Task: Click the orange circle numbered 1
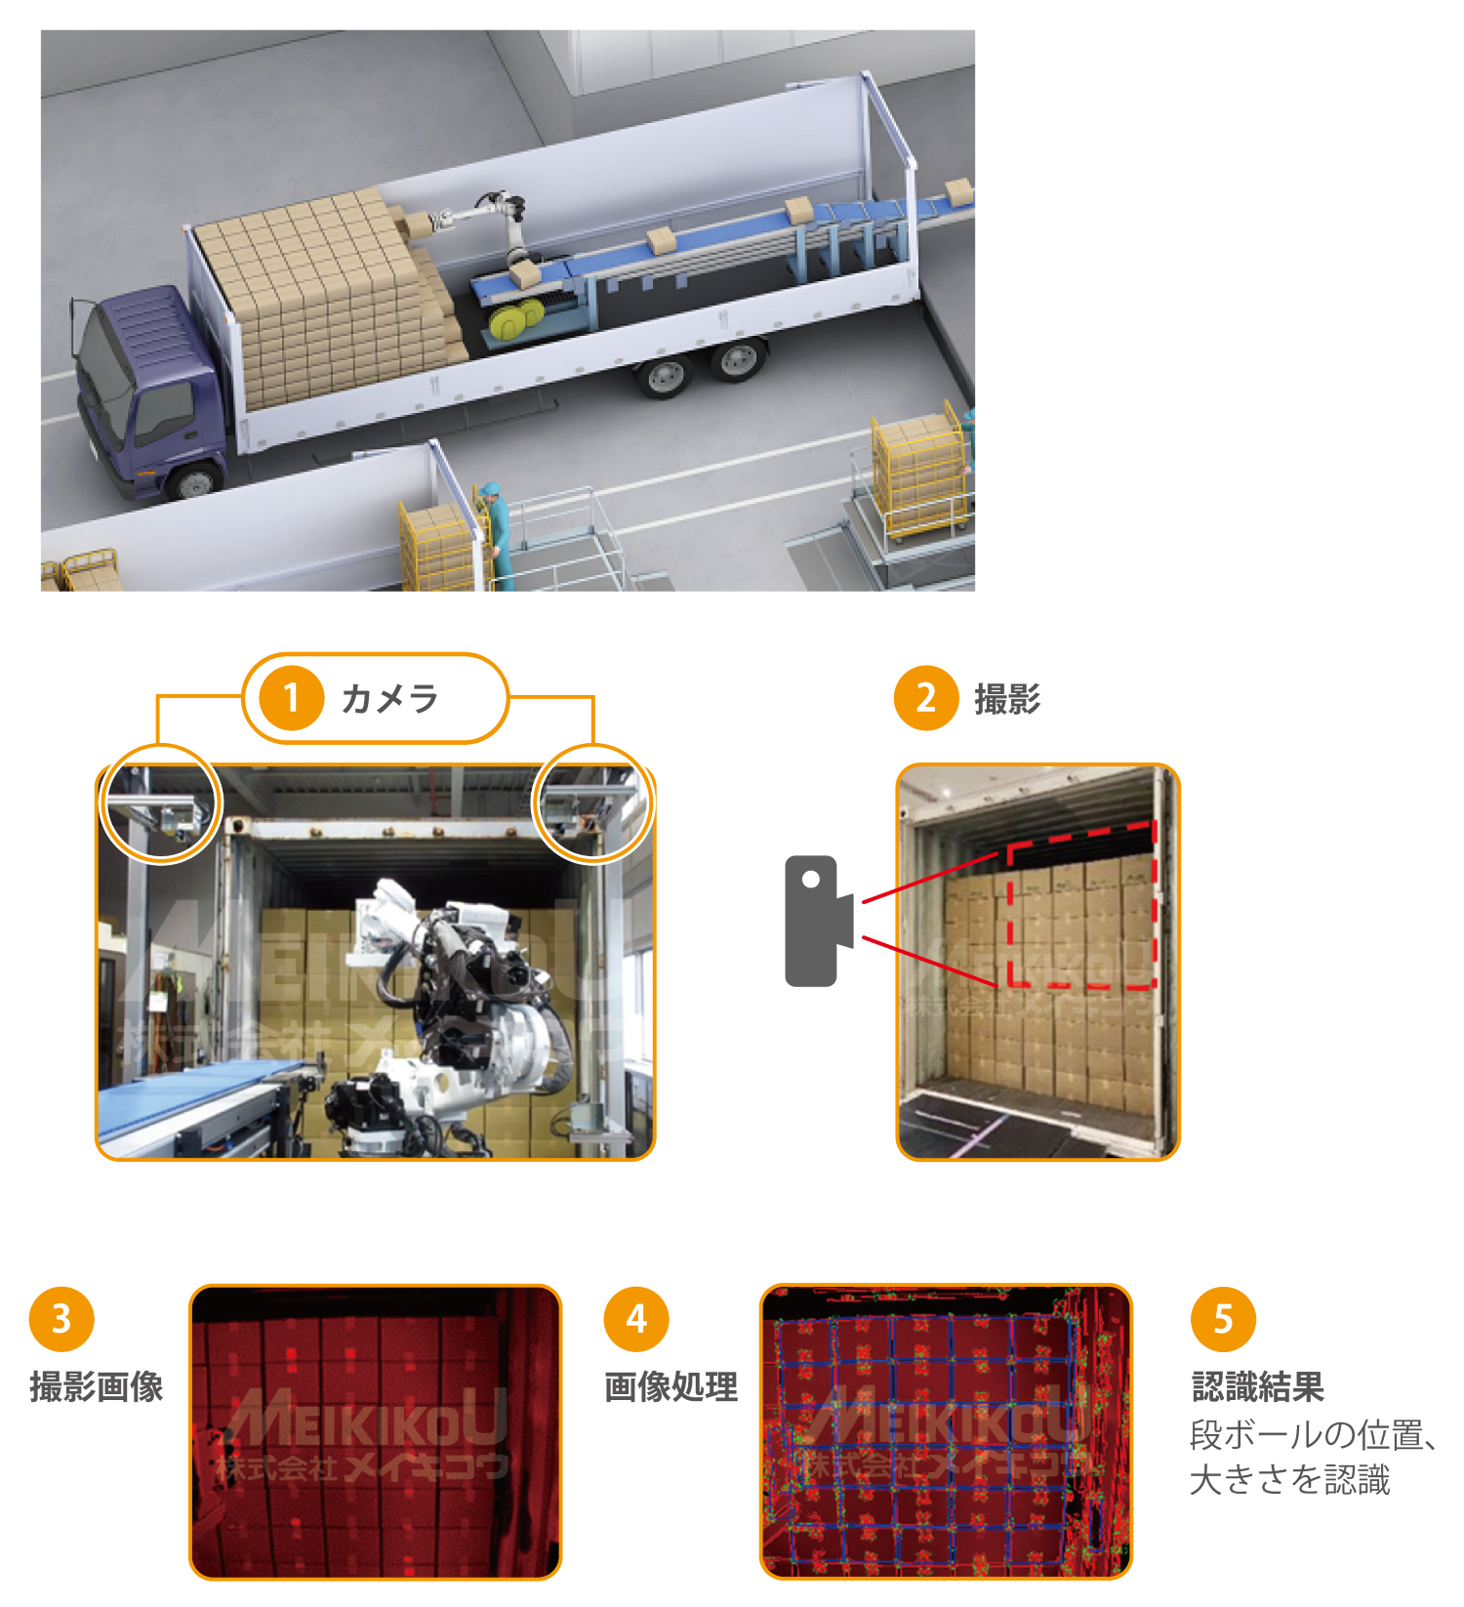pos(291,698)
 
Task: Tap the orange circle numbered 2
pos(926,698)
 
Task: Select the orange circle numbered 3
pos(61,1319)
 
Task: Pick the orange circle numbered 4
pos(636,1319)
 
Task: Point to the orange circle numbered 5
pos(1223,1319)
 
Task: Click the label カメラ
pos(389,699)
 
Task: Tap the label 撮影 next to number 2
pos(1007,699)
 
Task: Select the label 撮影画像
pos(97,1387)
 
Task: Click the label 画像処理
pos(671,1387)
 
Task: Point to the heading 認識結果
pos(1258,1386)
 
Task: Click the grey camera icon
pos(819,921)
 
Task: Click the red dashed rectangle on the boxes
pos(1081,904)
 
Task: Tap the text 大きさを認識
pos(1289,1480)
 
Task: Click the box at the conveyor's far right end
pos(958,191)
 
